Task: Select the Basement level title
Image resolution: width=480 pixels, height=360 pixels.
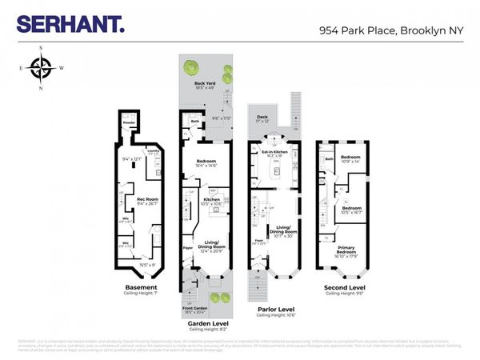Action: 141,287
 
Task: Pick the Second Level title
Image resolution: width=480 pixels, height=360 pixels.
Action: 345,287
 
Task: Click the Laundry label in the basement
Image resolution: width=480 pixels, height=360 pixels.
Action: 153,151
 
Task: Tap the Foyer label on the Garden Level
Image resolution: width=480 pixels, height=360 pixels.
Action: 188,248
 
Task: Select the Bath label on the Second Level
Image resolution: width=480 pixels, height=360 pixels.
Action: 330,159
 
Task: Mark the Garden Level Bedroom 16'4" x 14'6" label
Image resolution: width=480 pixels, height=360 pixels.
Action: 207,163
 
